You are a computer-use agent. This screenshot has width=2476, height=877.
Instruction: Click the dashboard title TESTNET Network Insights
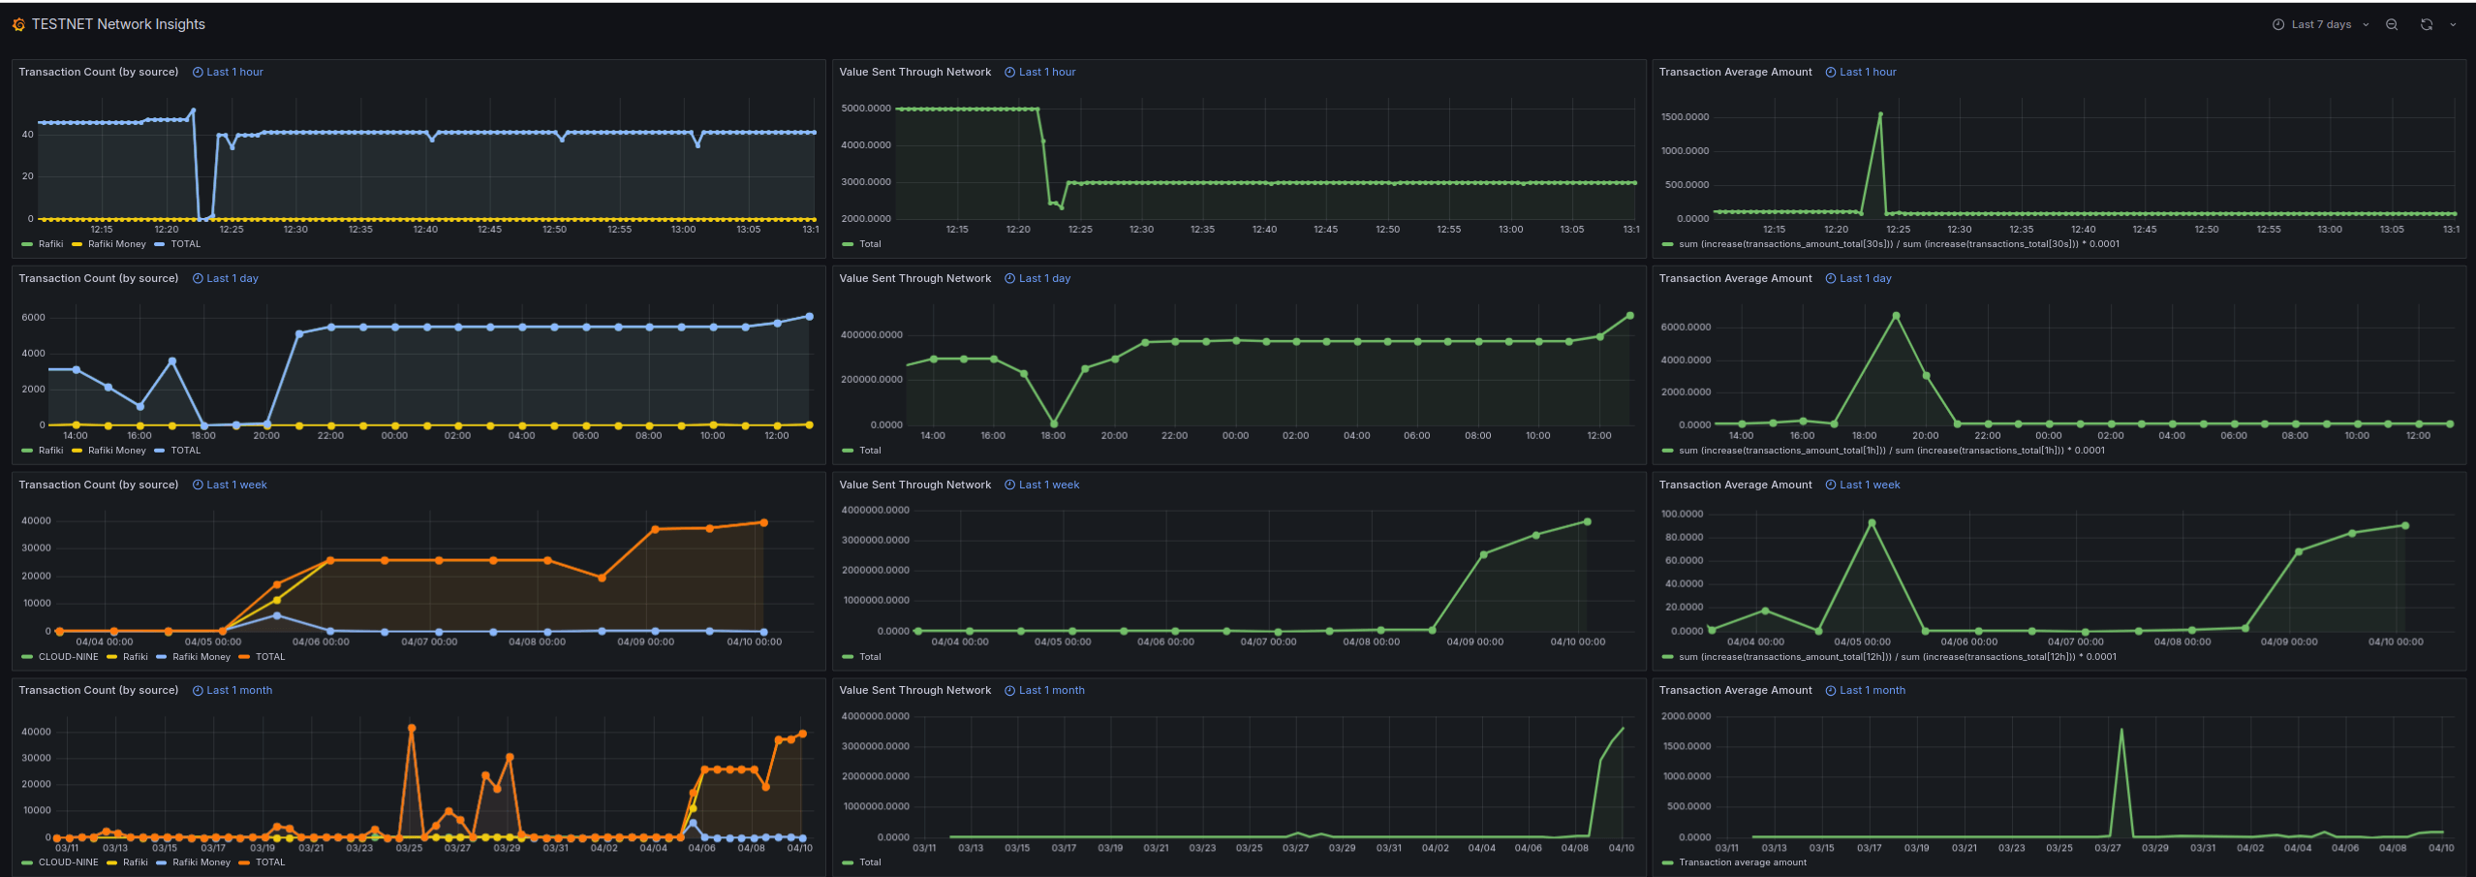coord(117,24)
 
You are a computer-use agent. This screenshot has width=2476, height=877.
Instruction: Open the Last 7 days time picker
coord(2320,24)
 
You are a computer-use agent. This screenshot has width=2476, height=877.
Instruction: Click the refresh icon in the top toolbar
coord(2426,24)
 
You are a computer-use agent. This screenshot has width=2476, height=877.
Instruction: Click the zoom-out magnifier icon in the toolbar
coord(2391,24)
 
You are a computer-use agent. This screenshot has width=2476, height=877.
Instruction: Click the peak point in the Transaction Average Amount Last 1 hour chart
coord(1880,114)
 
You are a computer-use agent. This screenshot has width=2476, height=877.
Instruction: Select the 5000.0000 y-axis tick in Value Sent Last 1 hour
coord(865,109)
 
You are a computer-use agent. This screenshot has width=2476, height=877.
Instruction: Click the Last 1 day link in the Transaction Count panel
coord(232,278)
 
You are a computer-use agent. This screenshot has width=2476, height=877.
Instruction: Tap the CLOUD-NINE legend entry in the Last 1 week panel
coord(68,657)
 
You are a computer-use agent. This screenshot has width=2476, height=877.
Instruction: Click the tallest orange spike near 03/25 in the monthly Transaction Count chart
coord(412,728)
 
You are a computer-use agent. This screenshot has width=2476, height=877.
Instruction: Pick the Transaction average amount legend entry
coord(1742,862)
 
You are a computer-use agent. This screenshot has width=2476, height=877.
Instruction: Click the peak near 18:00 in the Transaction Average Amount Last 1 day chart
coord(1896,316)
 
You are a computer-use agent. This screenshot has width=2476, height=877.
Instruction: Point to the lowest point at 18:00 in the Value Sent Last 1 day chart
coord(1054,423)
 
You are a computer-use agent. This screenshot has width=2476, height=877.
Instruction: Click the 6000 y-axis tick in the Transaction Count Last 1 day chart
coord(33,318)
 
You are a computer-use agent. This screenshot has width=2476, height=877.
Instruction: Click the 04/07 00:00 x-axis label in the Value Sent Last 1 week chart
coord(1267,642)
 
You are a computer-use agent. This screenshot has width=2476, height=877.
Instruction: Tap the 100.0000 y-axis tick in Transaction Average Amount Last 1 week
coord(1682,514)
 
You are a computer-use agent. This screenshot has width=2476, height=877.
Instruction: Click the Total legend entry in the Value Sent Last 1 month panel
coord(870,862)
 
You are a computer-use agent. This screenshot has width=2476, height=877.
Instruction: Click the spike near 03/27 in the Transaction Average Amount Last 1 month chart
coord(2121,731)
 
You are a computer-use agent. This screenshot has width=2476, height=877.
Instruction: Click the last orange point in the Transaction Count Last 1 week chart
coord(763,522)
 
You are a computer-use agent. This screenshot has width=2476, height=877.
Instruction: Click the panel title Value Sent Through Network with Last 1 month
coord(914,690)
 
